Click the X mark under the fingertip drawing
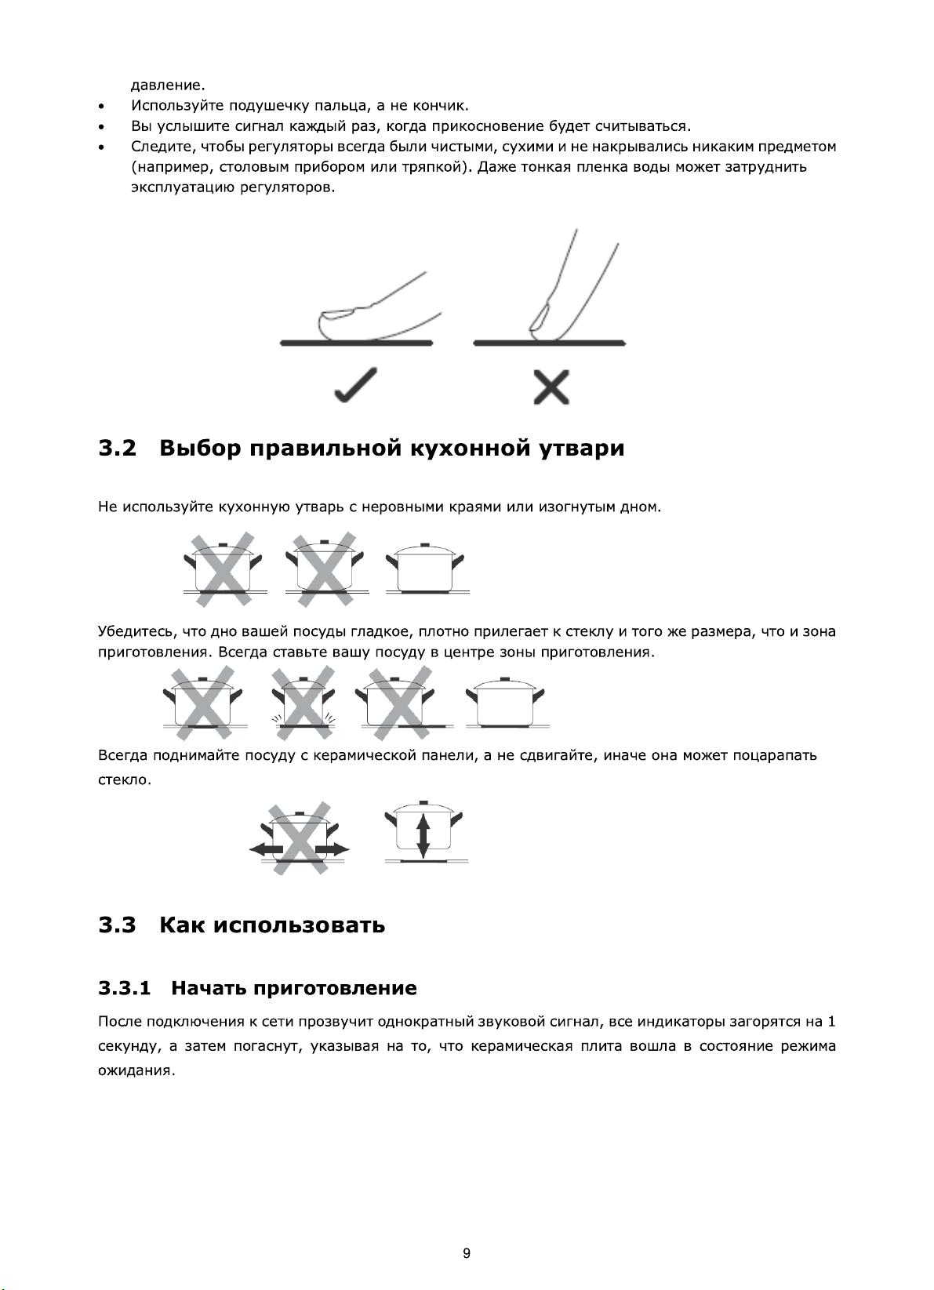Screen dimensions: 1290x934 (x=551, y=387)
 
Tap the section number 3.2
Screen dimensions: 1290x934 (x=117, y=449)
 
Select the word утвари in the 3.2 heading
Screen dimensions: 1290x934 (x=582, y=449)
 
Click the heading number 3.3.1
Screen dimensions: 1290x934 (x=124, y=987)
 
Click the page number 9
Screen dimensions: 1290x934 (x=467, y=1252)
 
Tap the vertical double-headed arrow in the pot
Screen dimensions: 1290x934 (x=423, y=836)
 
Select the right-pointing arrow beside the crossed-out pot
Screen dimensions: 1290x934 (x=336, y=848)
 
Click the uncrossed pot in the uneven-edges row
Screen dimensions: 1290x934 (x=424, y=569)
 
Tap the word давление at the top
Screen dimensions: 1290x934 (x=167, y=85)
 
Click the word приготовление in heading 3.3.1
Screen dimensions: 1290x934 (x=332, y=987)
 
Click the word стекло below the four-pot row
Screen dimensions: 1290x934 (x=123, y=780)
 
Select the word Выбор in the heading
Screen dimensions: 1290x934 (x=199, y=449)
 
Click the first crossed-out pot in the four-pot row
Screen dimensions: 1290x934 (x=202, y=702)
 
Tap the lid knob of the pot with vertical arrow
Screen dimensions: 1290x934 (x=423, y=803)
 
